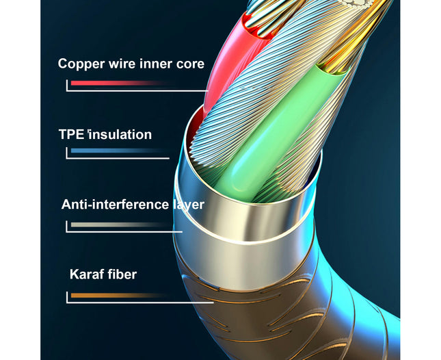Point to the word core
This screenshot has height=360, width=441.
click(190, 64)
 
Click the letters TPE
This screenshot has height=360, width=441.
click(71, 134)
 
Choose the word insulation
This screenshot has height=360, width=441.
click(120, 134)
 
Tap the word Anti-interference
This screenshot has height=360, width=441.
click(115, 205)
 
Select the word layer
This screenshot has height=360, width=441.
click(188, 205)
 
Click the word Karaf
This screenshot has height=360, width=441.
click(87, 274)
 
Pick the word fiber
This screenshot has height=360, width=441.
click(122, 274)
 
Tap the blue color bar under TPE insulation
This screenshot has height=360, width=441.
click(118, 151)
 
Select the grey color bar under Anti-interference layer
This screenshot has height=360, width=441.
click(120, 224)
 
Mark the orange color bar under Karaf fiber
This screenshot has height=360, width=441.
click(118, 295)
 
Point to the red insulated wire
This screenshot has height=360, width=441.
click(225, 65)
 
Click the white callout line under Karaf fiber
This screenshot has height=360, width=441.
click(139, 303)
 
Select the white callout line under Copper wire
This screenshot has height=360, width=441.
click(137, 90)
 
